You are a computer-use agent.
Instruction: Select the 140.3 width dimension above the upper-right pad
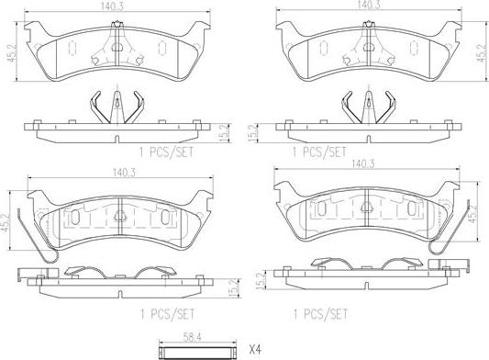click(x=369, y=6)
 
